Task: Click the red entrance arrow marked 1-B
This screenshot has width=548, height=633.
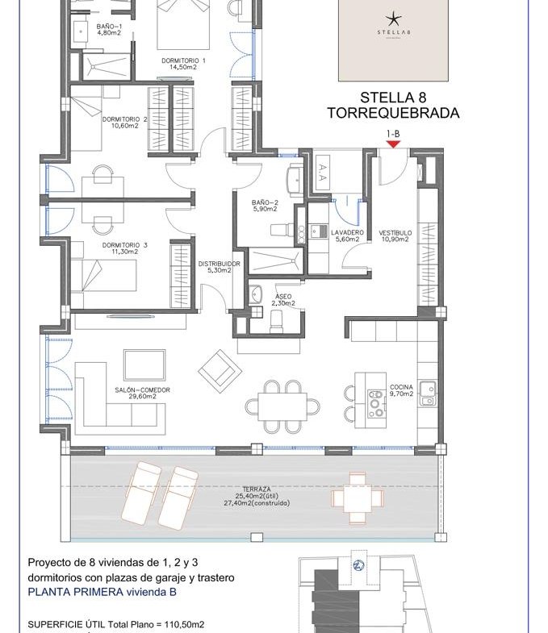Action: click(393, 144)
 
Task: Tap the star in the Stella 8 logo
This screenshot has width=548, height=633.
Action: click(393, 19)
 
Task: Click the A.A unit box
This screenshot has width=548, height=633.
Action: click(323, 173)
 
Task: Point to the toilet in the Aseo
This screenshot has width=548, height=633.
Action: click(277, 321)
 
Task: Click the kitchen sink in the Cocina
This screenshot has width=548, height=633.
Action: click(427, 394)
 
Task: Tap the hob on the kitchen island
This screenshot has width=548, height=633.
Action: click(376, 403)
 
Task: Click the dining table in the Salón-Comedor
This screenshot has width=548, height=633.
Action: click(282, 406)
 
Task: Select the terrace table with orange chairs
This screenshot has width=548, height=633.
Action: click(358, 498)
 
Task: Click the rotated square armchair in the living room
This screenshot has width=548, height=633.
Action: click(220, 371)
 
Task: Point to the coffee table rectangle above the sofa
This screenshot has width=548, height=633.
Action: click(144, 365)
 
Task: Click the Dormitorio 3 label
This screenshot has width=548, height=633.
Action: click(124, 245)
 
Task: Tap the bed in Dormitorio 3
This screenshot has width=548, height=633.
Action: click(103, 276)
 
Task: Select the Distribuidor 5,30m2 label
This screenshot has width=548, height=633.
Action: click(219, 267)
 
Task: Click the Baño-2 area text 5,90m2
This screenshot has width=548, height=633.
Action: click(265, 209)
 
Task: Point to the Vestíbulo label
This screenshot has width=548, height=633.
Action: click(395, 233)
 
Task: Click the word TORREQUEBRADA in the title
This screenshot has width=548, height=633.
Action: click(393, 113)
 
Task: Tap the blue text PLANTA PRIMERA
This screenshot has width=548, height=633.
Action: click(76, 592)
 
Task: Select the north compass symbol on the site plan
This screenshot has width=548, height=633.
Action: click(358, 565)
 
